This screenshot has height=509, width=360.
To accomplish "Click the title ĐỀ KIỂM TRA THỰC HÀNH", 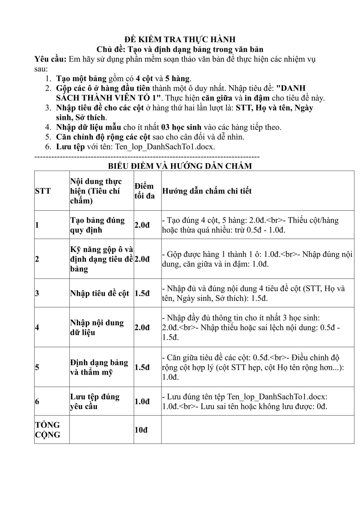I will (x=180, y=39).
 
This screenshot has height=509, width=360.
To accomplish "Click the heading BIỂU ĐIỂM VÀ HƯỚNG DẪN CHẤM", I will (x=180, y=166).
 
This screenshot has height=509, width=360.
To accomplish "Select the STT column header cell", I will (x=43, y=191).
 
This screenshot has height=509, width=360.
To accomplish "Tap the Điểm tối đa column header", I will (x=145, y=191).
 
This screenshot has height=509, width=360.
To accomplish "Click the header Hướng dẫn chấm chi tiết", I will (x=207, y=191).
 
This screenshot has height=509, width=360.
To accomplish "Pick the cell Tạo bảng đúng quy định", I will (x=97, y=225).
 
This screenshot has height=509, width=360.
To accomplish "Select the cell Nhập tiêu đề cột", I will (x=100, y=294).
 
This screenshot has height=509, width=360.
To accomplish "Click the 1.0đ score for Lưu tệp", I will (x=142, y=401).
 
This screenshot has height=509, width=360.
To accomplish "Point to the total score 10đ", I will (x=141, y=430).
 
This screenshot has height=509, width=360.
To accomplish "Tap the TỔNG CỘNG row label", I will (x=48, y=430).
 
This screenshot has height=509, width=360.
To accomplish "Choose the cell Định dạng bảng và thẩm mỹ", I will (x=99, y=367).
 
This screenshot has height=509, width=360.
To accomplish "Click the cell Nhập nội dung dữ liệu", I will (x=97, y=327).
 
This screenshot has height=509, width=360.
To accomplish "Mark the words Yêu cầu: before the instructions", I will (x=51, y=59).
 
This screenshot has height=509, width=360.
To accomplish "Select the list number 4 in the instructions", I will (x=48, y=128).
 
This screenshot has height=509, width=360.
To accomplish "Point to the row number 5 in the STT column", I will (x=37, y=367).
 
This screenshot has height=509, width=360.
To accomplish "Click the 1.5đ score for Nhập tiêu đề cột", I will (x=142, y=294).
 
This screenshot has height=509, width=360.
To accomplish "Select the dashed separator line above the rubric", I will (x=147, y=157).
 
